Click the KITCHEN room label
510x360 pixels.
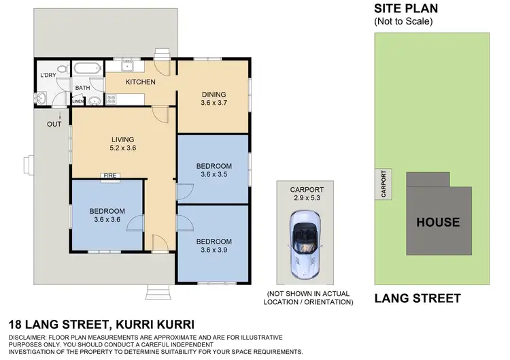tap(140, 82)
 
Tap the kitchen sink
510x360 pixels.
tap(127, 67)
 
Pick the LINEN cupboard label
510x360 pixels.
tap(78, 101)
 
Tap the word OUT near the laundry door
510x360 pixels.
tap(54, 124)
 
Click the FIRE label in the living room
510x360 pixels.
tap(109, 176)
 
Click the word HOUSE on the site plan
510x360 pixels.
tap(438, 222)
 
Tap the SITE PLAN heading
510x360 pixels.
tap(406, 9)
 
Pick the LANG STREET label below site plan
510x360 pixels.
tap(418, 298)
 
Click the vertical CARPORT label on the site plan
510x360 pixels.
tap(384, 184)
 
